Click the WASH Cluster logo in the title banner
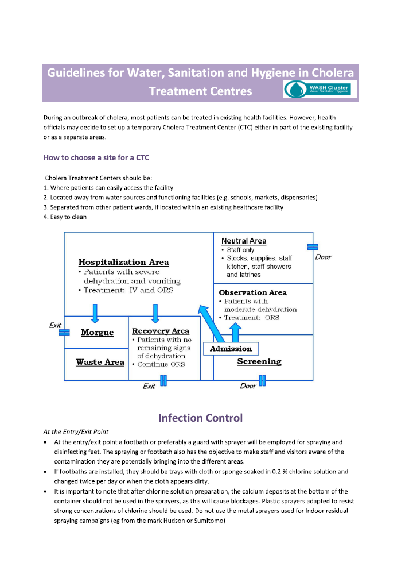tap(321, 89)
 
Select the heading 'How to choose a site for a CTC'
tap(96, 157)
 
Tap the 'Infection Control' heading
tap(200, 418)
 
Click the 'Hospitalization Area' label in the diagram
tap(123, 263)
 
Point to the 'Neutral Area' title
tap(244, 241)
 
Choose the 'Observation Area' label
tap(252, 292)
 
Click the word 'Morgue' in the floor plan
tap(97, 333)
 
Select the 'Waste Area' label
tap(100, 363)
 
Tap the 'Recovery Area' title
tap(161, 331)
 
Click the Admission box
tap(231, 349)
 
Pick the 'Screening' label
tap(259, 362)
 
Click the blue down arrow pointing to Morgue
tap(95, 313)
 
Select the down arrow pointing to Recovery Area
tap(155, 313)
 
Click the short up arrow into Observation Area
tap(235, 333)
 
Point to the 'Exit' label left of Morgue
tap(56, 325)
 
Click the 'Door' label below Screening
tap(248, 386)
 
